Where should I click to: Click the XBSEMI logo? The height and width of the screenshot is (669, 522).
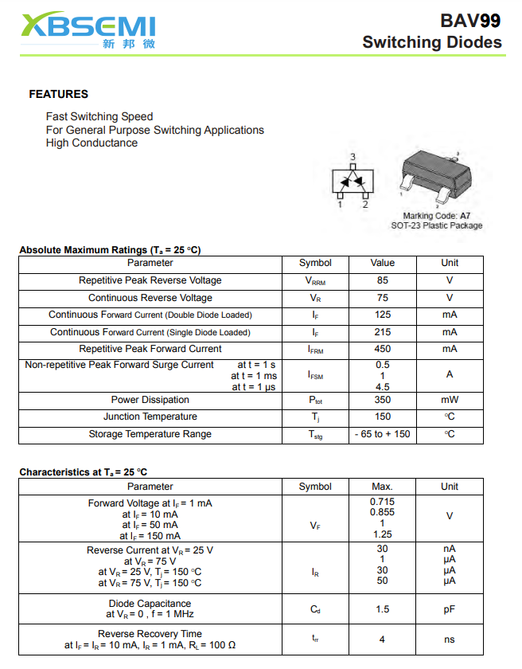[x=88, y=30]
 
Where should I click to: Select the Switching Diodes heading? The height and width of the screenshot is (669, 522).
[x=431, y=42]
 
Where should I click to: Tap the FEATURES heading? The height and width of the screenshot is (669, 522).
[x=58, y=94]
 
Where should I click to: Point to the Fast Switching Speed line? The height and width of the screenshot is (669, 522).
[x=99, y=116]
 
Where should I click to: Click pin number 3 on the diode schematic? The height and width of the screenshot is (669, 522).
[x=353, y=157]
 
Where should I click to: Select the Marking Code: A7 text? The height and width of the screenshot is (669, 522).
[x=436, y=216]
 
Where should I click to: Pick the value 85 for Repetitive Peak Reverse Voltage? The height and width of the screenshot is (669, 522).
[x=382, y=280]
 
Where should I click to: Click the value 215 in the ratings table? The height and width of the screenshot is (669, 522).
[x=382, y=332]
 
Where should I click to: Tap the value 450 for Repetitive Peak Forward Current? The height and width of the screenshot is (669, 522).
[x=382, y=349]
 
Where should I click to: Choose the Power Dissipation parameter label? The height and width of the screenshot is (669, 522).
[x=150, y=400]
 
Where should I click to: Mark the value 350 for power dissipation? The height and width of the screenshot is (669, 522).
[x=382, y=400]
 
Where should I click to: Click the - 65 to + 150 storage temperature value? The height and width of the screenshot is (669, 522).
[x=382, y=434]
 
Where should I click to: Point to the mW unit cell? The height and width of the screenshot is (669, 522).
[x=450, y=400]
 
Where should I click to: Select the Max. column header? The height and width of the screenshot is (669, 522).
[x=382, y=487]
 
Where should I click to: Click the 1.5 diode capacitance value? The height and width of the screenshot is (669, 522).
[x=382, y=609]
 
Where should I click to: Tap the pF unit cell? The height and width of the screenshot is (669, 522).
[x=450, y=609]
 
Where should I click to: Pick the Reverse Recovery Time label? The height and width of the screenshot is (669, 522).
[x=150, y=634]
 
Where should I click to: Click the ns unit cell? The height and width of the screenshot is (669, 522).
[x=450, y=640]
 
